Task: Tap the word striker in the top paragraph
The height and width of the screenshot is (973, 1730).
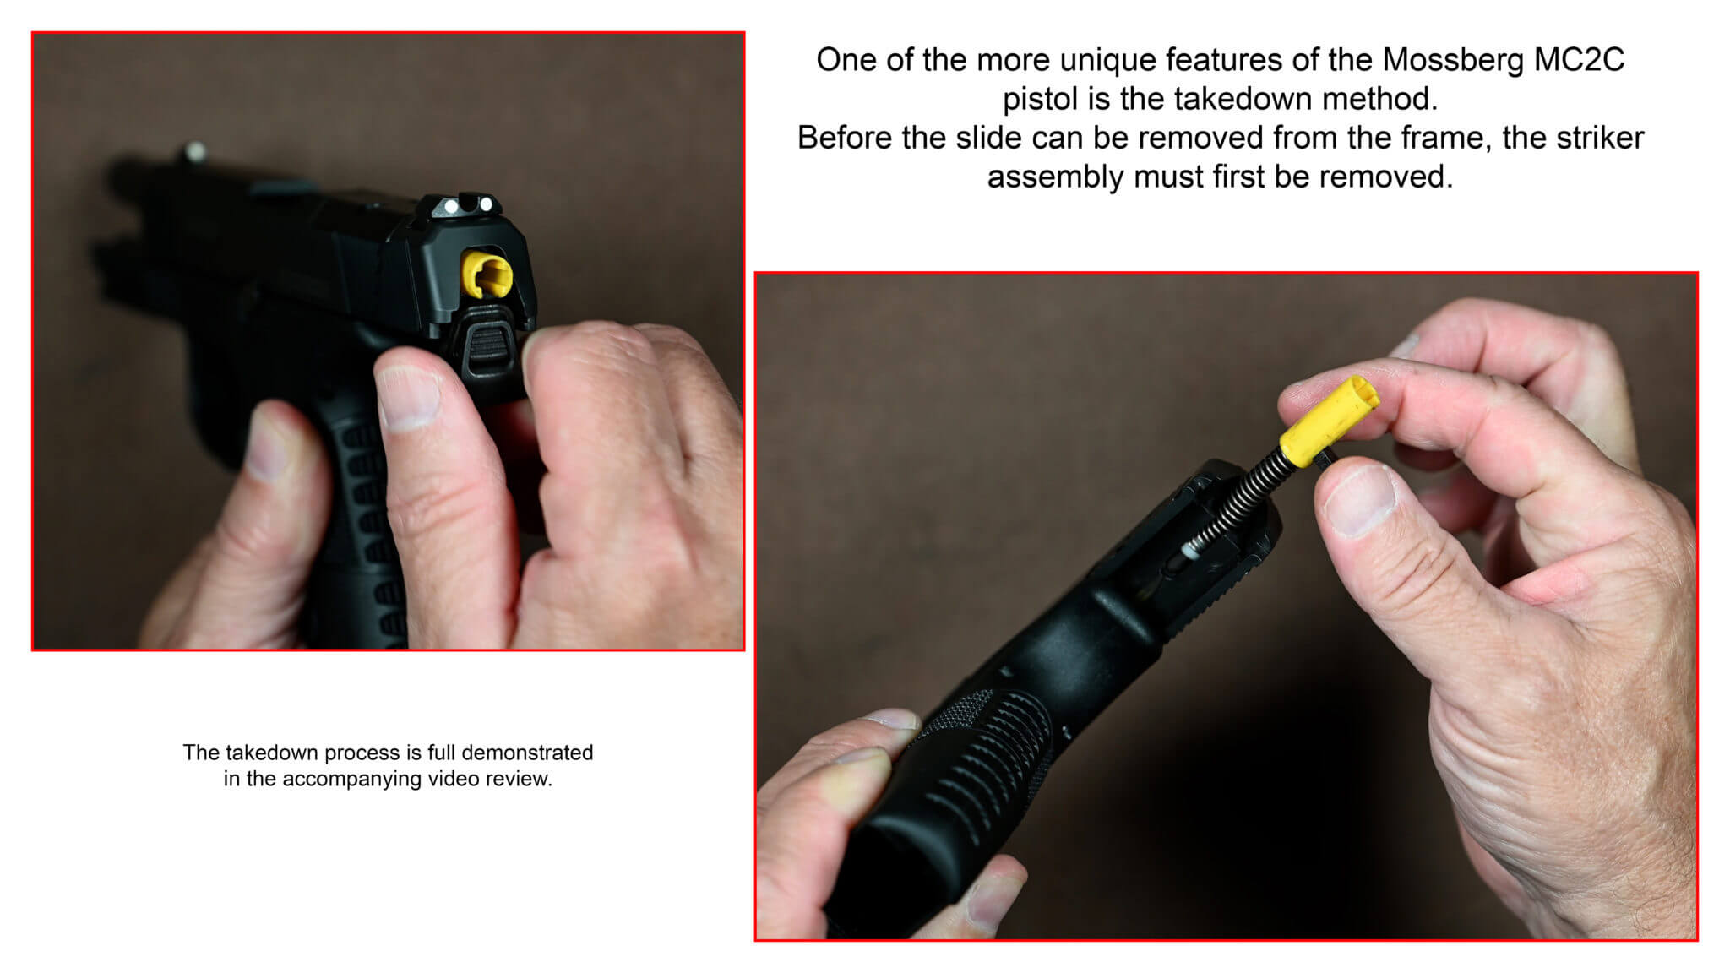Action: (1602, 138)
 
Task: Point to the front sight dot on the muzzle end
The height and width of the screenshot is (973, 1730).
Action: (196, 151)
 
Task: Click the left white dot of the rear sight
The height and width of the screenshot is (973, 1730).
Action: (451, 206)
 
